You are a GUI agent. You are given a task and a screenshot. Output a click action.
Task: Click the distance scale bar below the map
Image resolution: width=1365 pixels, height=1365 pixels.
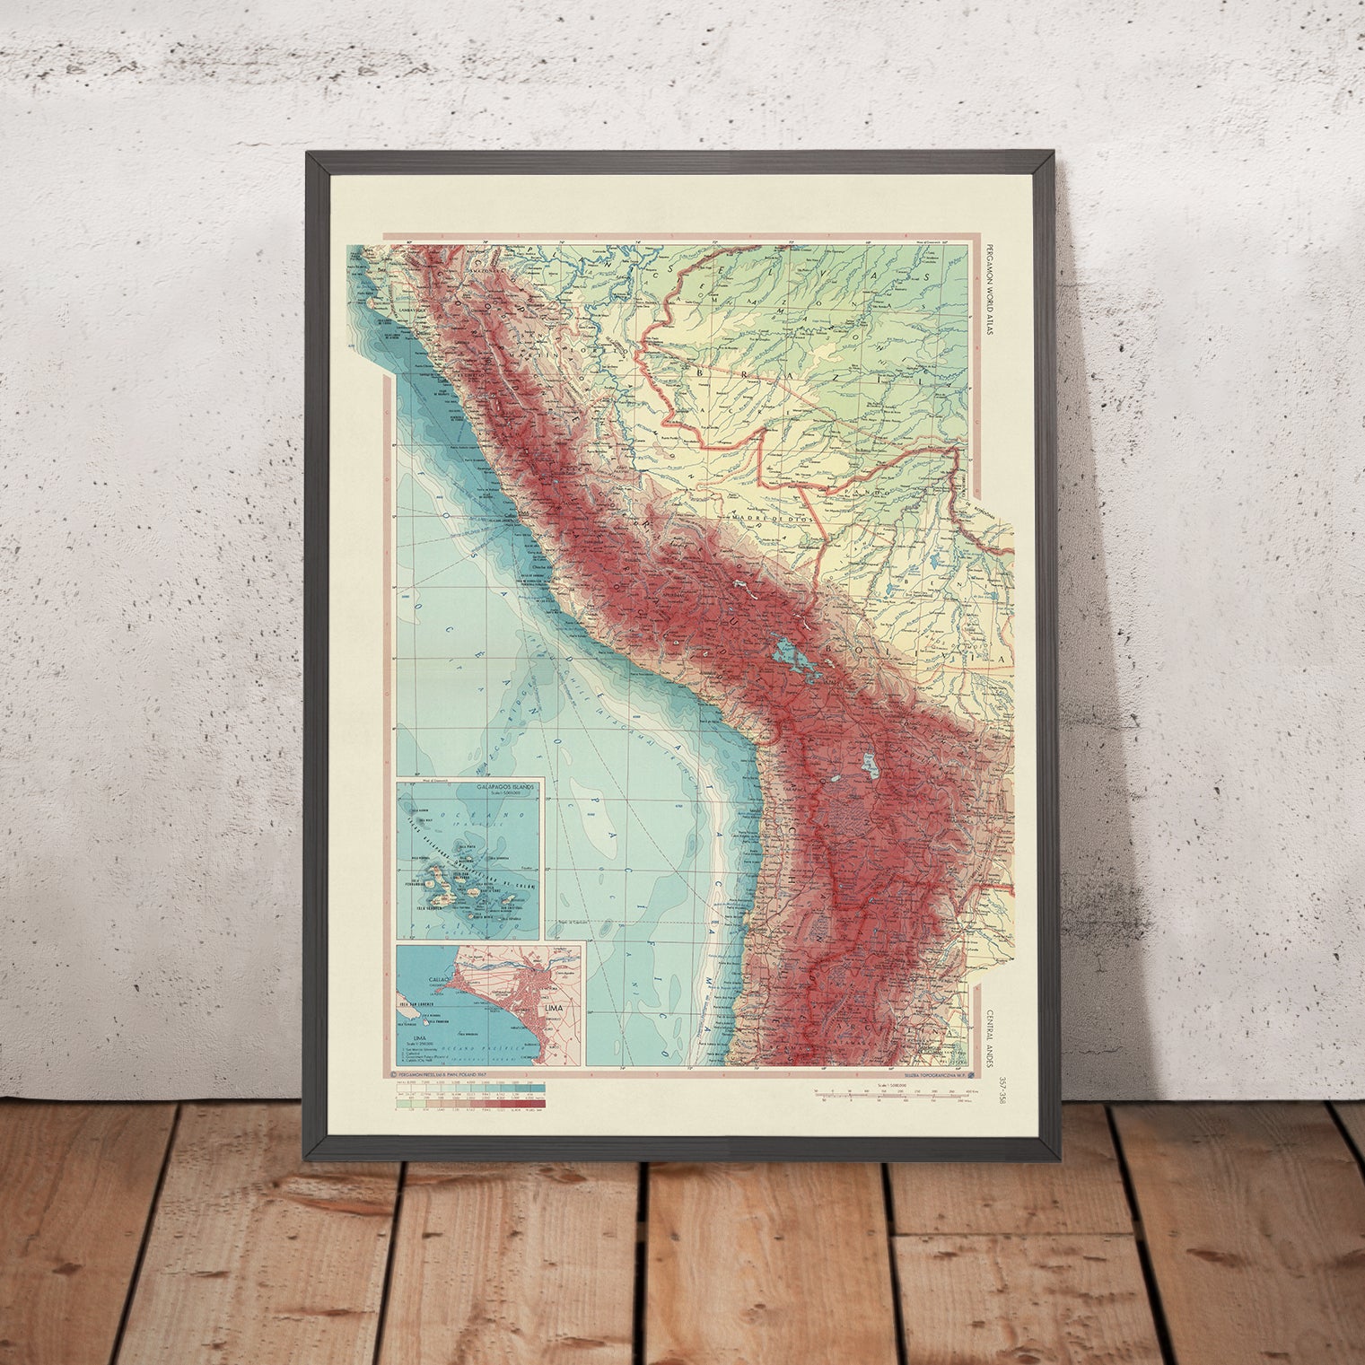tap(888, 1093)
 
